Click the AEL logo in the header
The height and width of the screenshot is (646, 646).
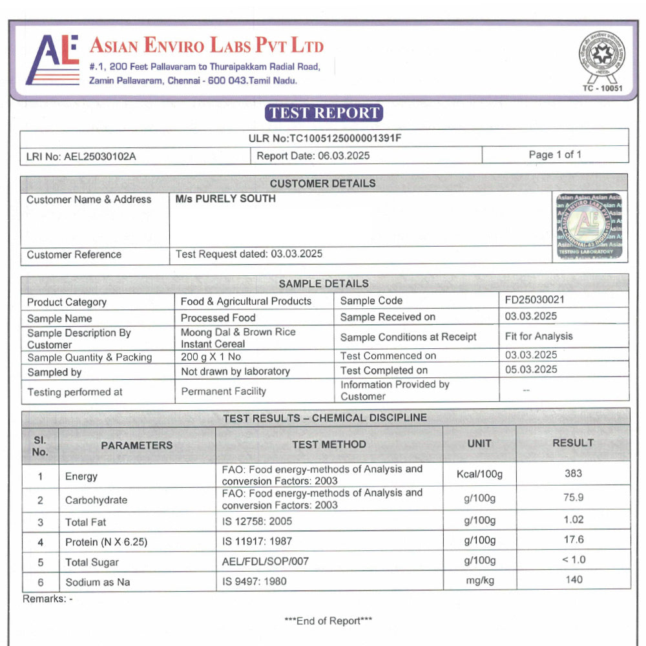pyautogui.click(x=52, y=60)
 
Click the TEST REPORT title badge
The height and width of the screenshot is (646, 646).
pyautogui.click(x=324, y=113)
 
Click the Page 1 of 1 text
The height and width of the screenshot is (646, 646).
pyautogui.click(x=555, y=154)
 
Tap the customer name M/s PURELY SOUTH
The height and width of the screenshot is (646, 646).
pyautogui.click(x=225, y=199)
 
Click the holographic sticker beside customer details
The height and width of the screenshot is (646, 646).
pyautogui.click(x=590, y=226)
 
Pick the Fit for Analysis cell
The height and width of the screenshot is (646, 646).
pyautogui.click(x=539, y=336)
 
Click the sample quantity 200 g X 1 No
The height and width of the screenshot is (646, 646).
pyautogui.click(x=211, y=357)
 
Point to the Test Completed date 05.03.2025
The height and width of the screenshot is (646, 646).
pyautogui.click(x=531, y=370)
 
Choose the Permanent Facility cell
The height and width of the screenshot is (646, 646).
pyautogui.click(x=224, y=391)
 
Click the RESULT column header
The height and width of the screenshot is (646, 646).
pyautogui.click(x=572, y=443)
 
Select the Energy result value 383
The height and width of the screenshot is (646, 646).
pyautogui.click(x=573, y=474)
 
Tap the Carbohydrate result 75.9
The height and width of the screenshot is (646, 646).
pyautogui.click(x=573, y=497)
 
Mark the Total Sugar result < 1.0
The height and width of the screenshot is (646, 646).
pyautogui.click(x=573, y=559)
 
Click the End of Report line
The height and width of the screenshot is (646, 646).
pyautogui.click(x=328, y=621)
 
